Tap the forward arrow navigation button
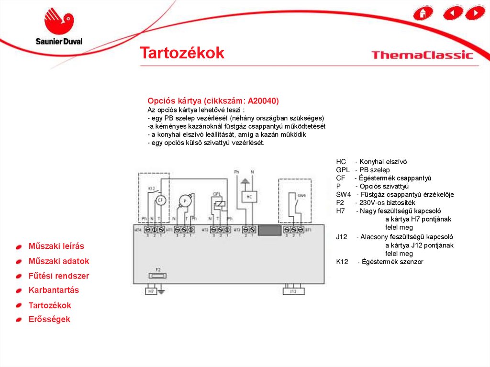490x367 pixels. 475,12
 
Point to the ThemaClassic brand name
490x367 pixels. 422,55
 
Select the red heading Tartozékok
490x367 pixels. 182,53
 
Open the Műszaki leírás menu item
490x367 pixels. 56,246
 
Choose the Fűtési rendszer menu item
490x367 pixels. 58,276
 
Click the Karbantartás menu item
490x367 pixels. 54,290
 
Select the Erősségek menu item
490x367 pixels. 49,320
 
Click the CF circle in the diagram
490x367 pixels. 161,201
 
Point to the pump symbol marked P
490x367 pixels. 185,201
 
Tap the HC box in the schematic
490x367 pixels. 249,197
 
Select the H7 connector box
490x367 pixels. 151,290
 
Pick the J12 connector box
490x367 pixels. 294,290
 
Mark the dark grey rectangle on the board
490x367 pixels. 270,231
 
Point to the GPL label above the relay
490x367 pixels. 217,194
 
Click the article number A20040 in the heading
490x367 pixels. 262,101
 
